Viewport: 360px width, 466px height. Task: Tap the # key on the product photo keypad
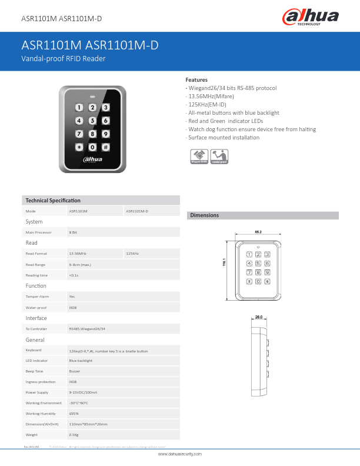coord(105,147)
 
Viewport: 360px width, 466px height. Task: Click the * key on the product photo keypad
coord(79,147)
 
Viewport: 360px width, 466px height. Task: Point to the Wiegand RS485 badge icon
coord(199,156)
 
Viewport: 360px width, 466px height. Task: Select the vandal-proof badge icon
coord(219,156)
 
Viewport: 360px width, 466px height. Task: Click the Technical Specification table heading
coord(53,201)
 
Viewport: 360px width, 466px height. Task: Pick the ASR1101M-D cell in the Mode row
coord(138,211)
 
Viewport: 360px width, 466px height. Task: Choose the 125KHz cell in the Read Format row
coord(133,253)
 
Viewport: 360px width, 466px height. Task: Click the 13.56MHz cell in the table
coord(78,253)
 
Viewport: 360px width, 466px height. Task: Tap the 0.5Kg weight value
coord(74,434)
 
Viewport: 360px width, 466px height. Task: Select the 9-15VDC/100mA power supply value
coord(83,392)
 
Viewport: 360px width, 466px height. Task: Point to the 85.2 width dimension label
coord(258,232)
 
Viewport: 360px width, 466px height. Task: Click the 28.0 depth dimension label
coord(258,317)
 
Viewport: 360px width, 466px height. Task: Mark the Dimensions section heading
coord(204,215)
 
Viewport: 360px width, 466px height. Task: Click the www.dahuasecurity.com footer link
coord(180,454)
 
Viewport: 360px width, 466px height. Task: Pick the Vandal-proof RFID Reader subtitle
coord(64,59)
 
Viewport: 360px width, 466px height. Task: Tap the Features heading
coord(196,79)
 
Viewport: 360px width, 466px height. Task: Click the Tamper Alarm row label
coord(37,297)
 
